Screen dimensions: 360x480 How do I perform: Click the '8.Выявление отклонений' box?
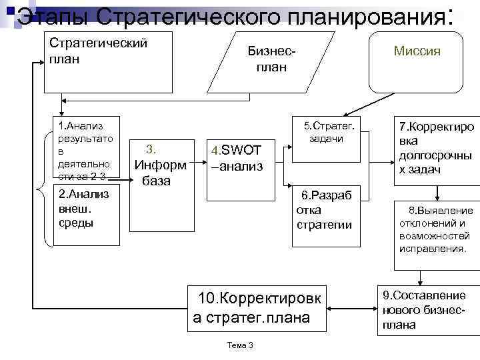(x=436, y=230)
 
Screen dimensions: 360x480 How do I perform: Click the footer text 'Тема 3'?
(x=241, y=344)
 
